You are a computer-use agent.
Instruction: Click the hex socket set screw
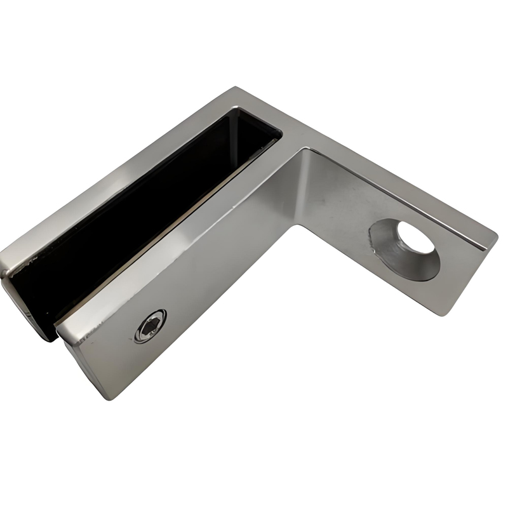coord(150,326)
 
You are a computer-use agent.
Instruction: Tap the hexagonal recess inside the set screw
coord(150,327)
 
